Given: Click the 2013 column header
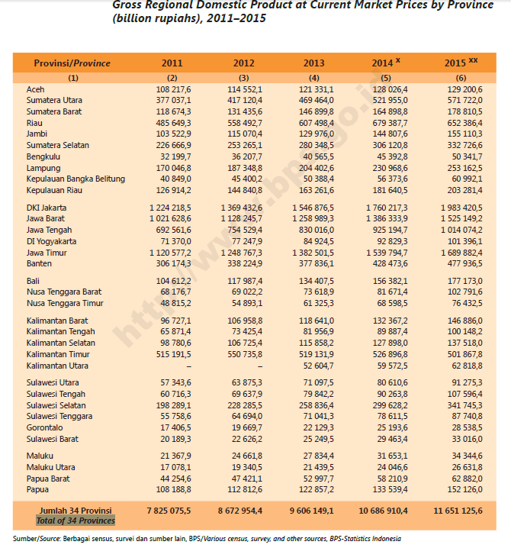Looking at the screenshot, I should (x=313, y=63).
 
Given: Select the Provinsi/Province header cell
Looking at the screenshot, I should (x=72, y=63).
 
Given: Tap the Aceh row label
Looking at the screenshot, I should (x=35, y=89).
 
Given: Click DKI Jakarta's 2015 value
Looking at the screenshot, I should (x=461, y=208).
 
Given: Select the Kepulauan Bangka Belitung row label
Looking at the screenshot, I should (x=75, y=179).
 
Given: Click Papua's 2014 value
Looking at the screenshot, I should (x=389, y=489).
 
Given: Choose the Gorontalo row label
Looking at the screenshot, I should (x=44, y=428).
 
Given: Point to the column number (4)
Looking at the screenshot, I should (x=313, y=78).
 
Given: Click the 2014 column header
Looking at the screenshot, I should (x=384, y=63).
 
